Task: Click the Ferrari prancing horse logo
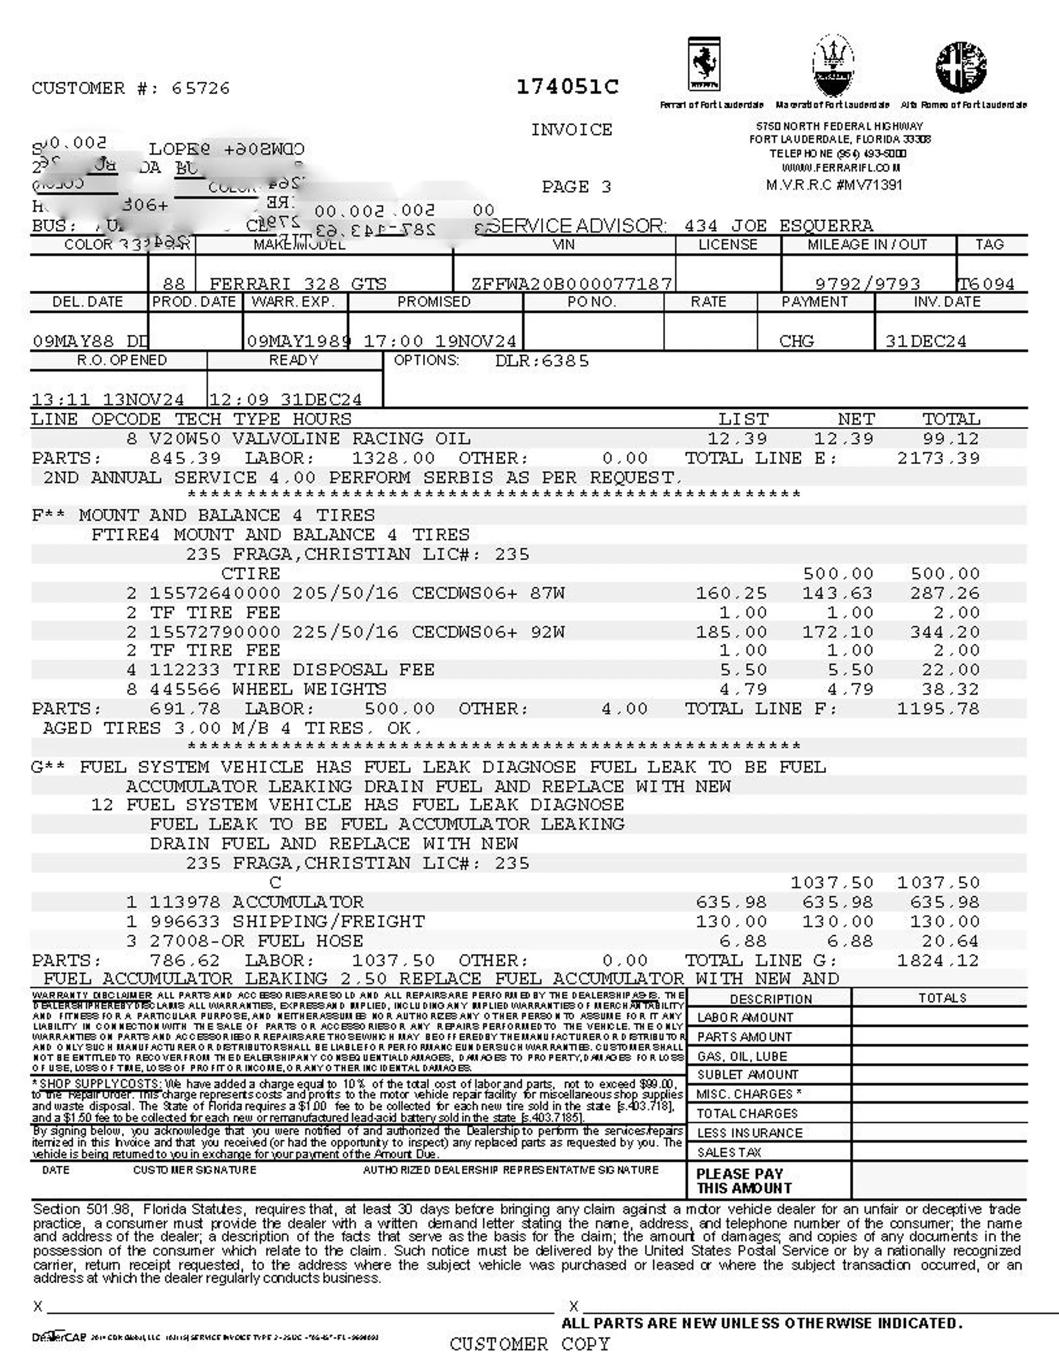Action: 704,65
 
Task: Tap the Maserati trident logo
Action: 832,66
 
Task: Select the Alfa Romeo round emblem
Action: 960,67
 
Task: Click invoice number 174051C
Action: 567,87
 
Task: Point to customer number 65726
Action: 200,88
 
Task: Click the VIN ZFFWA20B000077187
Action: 571,284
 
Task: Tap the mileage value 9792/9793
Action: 868,284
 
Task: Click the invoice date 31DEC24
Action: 926,341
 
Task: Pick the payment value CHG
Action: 796,341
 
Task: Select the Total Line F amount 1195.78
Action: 938,709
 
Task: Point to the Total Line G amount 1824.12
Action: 938,961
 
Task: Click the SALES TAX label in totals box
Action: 729,1153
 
